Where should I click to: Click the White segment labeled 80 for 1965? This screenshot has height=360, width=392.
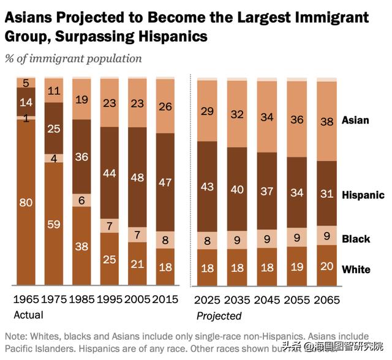click(26, 202)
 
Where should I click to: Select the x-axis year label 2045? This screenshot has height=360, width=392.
click(266, 300)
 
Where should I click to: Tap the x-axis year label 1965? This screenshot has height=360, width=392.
click(26, 300)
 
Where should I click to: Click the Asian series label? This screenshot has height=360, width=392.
click(355, 120)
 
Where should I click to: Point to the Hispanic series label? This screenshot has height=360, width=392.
click(363, 195)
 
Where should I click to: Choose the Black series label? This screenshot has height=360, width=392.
click(356, 239)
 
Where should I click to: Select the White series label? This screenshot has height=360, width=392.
click(356, 269)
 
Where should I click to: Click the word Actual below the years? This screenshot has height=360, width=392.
click(28, 315)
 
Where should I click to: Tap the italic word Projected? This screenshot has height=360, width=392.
click(219, 316)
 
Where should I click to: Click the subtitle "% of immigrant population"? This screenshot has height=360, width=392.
click(73, 59)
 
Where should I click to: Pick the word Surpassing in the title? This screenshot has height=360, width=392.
click(97, 37)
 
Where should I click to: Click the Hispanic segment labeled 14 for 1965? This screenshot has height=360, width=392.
click(26, 102)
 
